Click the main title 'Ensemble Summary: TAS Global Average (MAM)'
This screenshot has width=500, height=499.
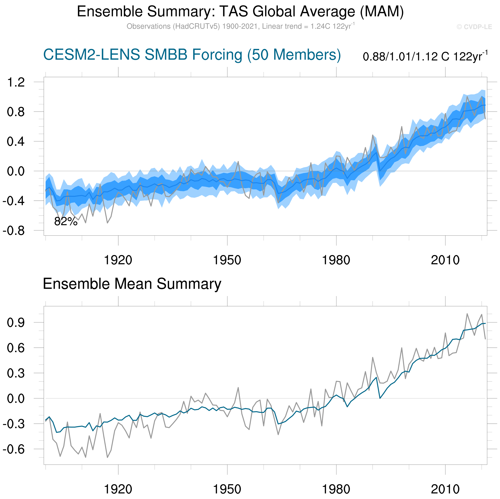coord(240,12)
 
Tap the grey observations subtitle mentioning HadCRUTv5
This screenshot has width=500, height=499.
coord(240,26)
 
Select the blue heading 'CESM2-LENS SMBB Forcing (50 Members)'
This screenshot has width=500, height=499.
coord(192,55)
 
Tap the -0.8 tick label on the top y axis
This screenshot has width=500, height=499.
coord(13,231)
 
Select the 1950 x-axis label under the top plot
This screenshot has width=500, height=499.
coord(227,260)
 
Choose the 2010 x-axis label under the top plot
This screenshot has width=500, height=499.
coord(445,260)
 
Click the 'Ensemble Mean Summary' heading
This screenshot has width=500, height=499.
coord(132,284)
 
